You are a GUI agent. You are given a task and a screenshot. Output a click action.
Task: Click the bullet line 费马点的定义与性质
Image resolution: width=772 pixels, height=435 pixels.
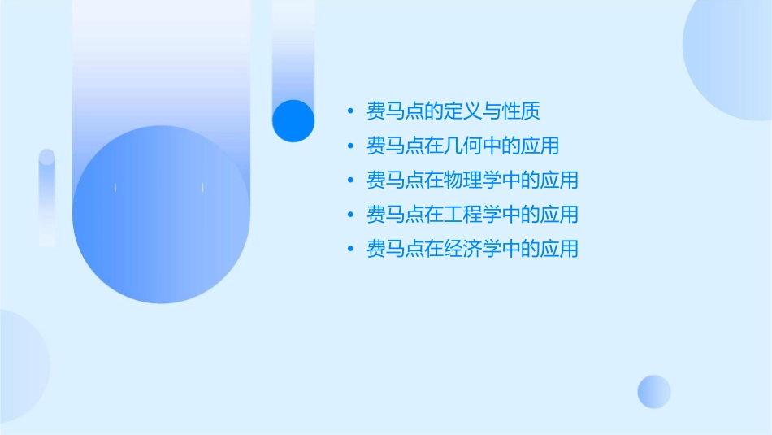click(453, 111)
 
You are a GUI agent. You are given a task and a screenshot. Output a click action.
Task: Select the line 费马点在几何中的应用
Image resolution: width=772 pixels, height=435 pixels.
click(463, 146)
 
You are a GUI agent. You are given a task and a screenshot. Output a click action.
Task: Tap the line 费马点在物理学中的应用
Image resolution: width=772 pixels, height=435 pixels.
click(472, 180)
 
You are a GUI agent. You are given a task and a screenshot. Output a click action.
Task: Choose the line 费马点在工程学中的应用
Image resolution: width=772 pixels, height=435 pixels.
click(472, 214)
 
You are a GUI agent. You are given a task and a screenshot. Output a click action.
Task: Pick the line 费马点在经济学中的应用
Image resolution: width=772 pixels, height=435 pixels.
click(472, 249)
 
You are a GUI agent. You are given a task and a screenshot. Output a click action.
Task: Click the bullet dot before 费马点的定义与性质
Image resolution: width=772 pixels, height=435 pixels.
click(349, 111)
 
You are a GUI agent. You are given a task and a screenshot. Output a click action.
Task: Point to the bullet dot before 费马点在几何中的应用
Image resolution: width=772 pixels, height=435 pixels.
click(349, 146)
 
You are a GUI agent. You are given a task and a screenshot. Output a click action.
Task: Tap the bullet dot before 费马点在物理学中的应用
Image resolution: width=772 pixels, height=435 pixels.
click(349, 181)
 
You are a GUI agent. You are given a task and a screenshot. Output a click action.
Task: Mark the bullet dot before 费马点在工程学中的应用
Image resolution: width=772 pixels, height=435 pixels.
click(349, 215)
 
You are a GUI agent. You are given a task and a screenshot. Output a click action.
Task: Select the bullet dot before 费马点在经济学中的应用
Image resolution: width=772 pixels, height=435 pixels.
click(349, 250)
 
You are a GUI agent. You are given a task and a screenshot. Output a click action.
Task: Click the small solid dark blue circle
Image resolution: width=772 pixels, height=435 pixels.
click(293, 121)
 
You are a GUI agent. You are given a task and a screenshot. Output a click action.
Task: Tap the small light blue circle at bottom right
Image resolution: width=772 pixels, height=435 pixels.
click(654, 391)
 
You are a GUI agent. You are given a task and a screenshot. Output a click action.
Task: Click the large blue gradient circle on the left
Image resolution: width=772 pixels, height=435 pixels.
click(161, 215)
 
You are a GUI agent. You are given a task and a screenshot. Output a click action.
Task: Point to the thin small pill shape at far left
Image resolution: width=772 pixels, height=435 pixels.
click(47, 198)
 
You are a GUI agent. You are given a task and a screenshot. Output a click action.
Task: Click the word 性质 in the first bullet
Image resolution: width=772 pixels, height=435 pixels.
click(521, 111)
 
